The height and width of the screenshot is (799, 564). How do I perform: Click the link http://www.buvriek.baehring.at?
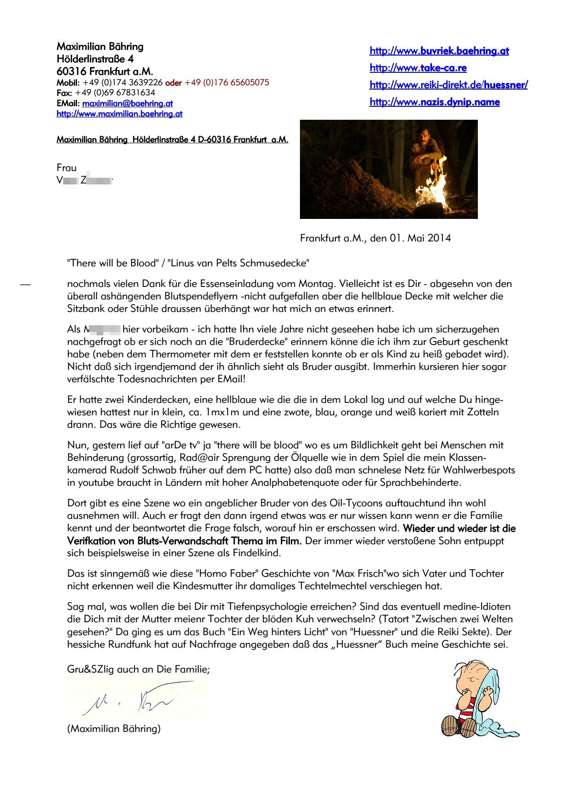[x=439, y=51]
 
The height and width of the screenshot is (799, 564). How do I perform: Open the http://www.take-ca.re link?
[x=418, y=68]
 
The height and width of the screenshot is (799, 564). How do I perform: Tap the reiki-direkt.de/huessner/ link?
[x=448, y=85]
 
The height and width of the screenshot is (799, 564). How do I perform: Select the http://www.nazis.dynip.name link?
[x=434, y=102]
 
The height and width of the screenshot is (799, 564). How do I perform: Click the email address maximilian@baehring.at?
[x=127, y=103]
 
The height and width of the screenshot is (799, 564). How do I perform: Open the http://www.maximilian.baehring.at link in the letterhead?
[x=119, y=114]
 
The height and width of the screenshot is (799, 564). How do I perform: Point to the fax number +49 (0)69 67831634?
[x=115, y=92]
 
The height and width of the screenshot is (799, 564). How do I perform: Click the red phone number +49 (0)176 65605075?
[x=227, y=82]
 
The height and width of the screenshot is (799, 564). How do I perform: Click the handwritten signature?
[x=129, y=701]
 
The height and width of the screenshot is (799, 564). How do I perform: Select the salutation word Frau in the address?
[x=66, y=168]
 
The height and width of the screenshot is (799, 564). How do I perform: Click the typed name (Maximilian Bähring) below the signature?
[x=114, y=729]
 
